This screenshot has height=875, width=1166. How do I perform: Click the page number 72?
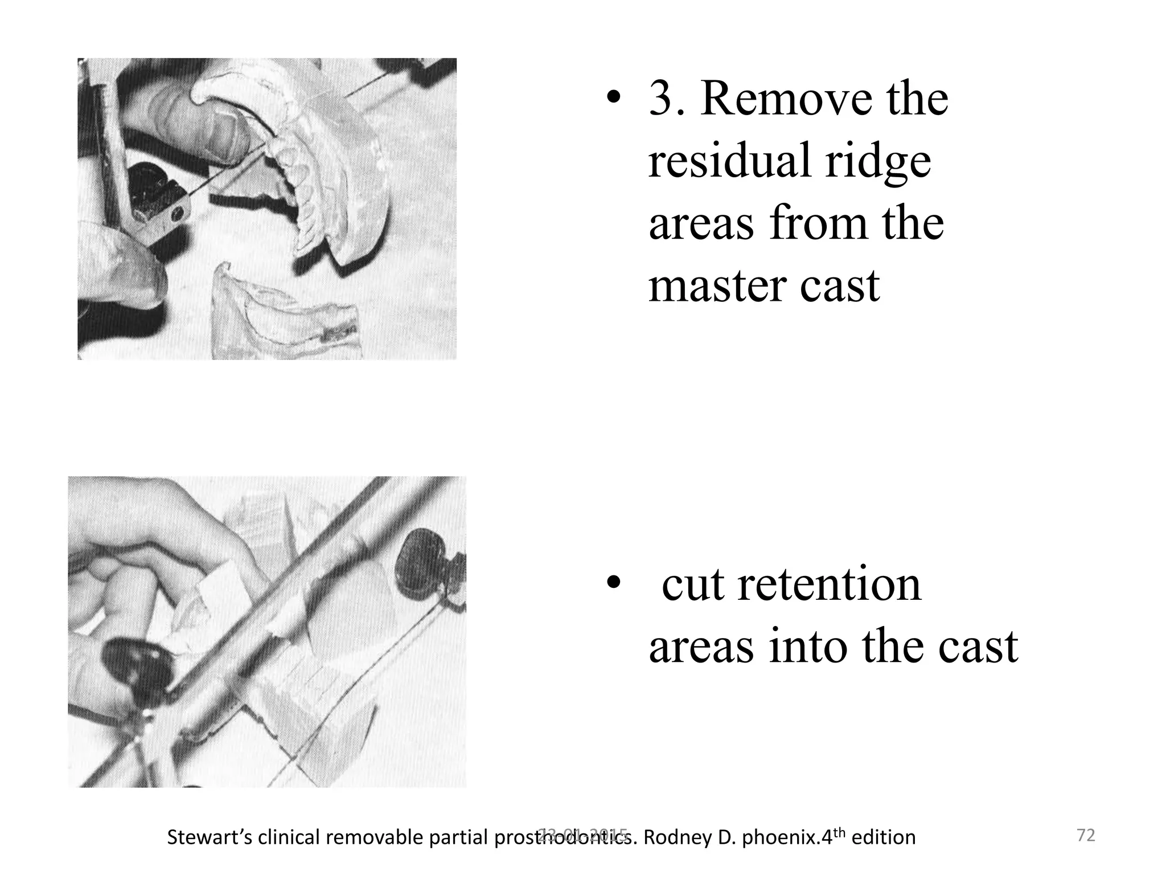[1086, 836]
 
